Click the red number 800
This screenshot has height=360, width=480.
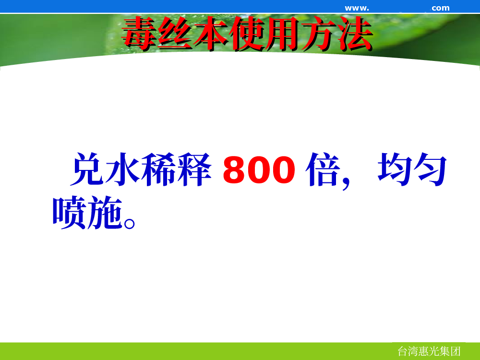pos(259,170)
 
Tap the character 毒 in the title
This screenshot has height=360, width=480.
pos(140,33)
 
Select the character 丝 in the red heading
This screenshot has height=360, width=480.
pos(175,33)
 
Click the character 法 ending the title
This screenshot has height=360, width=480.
pos(355,33)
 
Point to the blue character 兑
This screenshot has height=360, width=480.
pos(87,169)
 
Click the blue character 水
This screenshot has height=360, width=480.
pos(122,169)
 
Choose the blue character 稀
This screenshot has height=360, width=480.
pos(158,169)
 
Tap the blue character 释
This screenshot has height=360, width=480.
pos(194,169)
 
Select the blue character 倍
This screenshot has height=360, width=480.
pos(323,169)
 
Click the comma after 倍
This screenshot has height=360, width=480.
pos(346,183)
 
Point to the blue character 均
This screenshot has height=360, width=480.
pos(395,169)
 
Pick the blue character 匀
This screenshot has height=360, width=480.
pos(430,169)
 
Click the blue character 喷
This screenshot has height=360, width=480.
pos(69,213)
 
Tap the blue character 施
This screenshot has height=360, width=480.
pos(105,213)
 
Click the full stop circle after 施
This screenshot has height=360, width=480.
pos(129,223)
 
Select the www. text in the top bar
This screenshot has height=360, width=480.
pos(357,8)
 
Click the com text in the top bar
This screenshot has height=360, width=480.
pos(441,8)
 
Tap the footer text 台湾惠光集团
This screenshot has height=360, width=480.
pos(429,351)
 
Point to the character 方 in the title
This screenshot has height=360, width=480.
pos(319,33)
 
